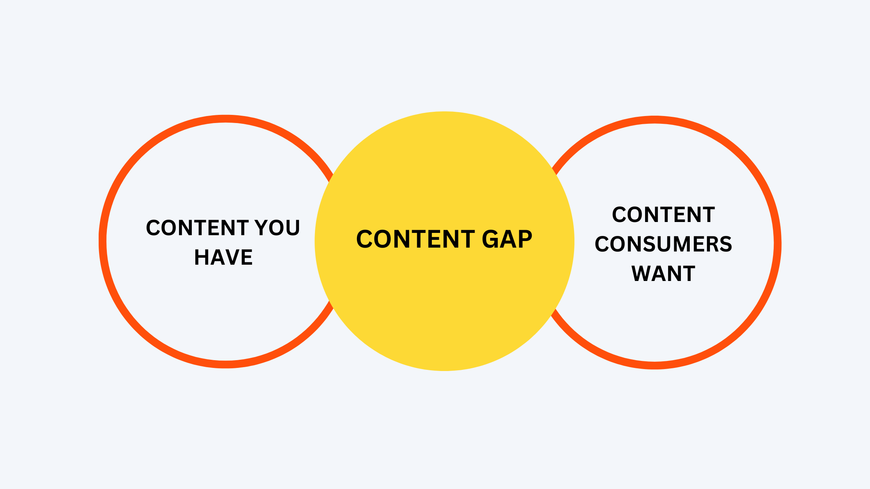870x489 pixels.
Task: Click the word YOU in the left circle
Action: pos(277,227)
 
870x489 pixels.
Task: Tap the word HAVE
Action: pos(223,257)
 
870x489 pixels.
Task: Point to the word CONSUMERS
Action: pos(663,244)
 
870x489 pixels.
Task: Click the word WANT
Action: pos(663,274)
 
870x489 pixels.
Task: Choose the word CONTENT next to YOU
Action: pos(197,227)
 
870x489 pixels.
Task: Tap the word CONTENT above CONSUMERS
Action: pos(663,215)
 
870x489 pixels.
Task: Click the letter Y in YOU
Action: pos(261,227)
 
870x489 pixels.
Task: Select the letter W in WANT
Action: pos(642,274)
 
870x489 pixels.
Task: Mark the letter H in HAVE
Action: pos(202,257)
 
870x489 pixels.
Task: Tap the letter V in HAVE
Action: pos(231,257)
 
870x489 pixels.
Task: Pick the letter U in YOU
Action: pos(293,228)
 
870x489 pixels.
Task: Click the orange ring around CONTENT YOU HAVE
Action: pos(103,241)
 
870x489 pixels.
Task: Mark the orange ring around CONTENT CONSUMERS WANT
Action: pos(778,243)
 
